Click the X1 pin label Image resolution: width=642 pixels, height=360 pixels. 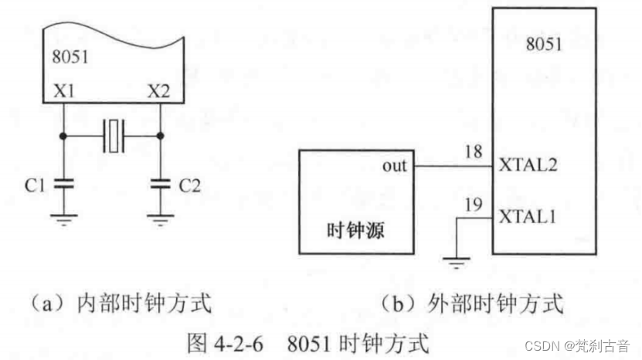tap(63, 91)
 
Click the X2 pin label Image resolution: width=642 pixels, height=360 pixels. tap(159, 91)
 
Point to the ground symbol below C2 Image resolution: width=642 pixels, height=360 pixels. tap(160, 220)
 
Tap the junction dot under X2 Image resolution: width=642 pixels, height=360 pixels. tap(160, 135)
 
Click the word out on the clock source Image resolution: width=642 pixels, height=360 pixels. tap(394, 166)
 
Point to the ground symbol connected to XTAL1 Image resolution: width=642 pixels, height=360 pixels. tap(457, 263)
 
